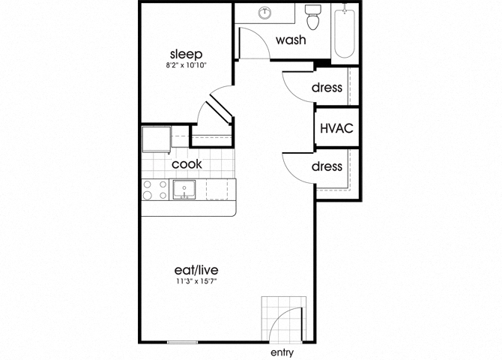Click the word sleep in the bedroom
click(186, 55)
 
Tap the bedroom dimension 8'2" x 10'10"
click(186, 65)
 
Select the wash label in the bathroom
click(291, 40)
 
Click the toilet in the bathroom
click(312, 17)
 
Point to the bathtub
click(345, 33)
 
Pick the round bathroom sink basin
click(264, 13)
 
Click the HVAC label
click(336, 128)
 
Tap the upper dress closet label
click(327, 87)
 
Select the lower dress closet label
click(327, 166)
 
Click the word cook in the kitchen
click(187, 164)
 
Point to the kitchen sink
click(184, 190)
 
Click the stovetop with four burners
click(155, 190)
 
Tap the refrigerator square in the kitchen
click(157, 139)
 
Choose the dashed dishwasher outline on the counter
click(217, 190)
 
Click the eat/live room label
click(196, 270)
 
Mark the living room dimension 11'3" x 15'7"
click(196, 281)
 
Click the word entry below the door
click(282, 352)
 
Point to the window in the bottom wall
click(183, 342)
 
